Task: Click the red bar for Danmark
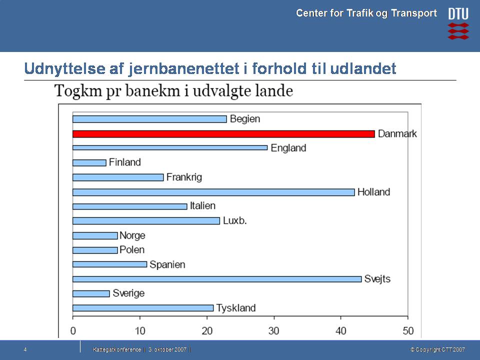pyautogui.click(x=223, y=134)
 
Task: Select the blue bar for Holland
pyautogui.click(x=213, y=192)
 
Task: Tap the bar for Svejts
pyautogui.click(x=217, y=279)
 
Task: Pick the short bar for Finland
pyautogui.click(x=89, y=162)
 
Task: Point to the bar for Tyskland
pyautogui.click(x=143, y=308)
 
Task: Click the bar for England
pyautogui.click(x=170, y=148)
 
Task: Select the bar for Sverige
pyautogui.click(x=91, y=293)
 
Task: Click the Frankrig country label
pyautogui.click(x=184, y=177)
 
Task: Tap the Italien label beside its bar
pyautogui.click(x=202, y=206)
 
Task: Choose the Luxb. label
pyautogui.click(x=235, y=220)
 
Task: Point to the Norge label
pyautogui.click(x=132, y=235)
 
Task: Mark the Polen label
pyautogui.click(x=132, y=250)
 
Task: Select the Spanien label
pyautogui.click(x=167, y=264)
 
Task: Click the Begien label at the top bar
pyautogui.click(x=245, y=119)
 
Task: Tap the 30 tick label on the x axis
pyautogui.click(x=274, y=330)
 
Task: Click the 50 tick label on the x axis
pyautogui.click(x=408, y=330)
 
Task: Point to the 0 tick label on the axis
pyautogui.click(x=73, y=330)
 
